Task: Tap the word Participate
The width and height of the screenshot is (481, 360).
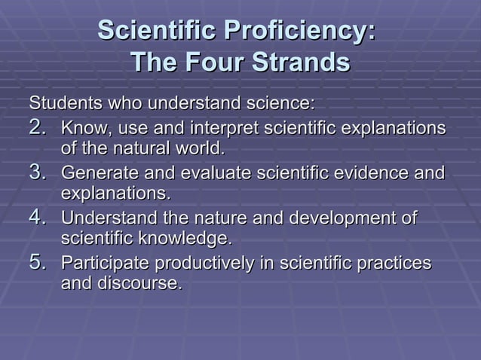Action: [x=104, y=264]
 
